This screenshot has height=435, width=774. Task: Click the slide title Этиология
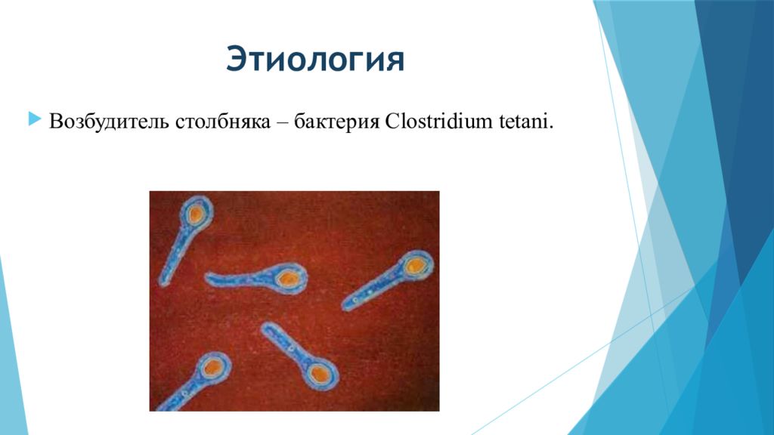tap(315, 59)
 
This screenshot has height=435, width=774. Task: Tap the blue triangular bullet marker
tap(35, 119)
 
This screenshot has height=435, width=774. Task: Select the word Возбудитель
tap(110, 122)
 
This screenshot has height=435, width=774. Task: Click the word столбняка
tap(223, 122)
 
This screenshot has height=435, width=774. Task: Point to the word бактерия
tap(336, 122)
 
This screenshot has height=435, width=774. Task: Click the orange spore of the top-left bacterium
tap(197, 214)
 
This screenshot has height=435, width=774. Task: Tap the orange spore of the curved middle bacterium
tap(287, 279)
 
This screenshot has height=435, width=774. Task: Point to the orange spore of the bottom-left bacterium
tap(212, 368)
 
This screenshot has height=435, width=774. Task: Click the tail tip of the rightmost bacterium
tap(345, 306)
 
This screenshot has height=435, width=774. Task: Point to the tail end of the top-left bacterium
tap(163, 282)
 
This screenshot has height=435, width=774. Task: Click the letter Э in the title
tap(237, 60)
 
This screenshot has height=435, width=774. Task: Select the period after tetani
tap(550, 128)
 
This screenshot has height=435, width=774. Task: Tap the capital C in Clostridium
tap(392, 122)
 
